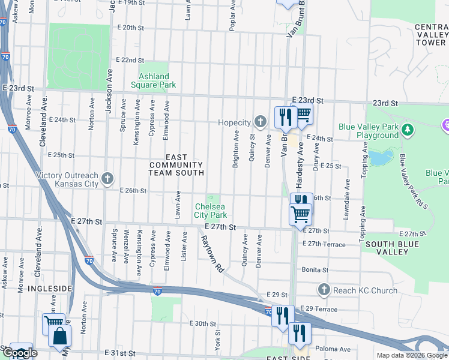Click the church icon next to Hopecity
pyautogui.click(x=260, y=122)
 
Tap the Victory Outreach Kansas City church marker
pyautogui.click(x=107, y=178)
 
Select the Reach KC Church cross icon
pyautogui.click(x=324, y=290)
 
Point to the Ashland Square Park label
pyautogui.click(x=157, y=80)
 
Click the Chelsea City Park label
pyautogui.click(x=210, y=211)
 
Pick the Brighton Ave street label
pyautogui.click(x=237, y=149)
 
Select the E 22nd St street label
pyautogui.click(x=130, y=61)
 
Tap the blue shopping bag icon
pyautogui.click(x=61, y=337)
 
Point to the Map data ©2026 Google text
pyautogui.click(x=411, y=355)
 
